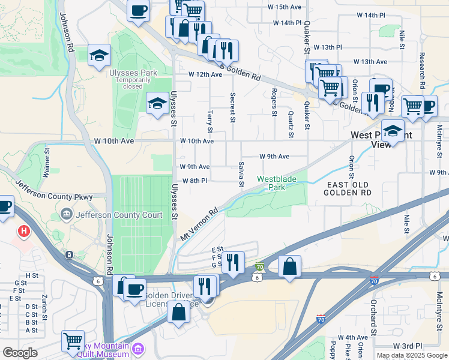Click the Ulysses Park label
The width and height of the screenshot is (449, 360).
tap(124, 73)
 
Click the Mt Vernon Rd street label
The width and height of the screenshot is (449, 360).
tap(199, 226)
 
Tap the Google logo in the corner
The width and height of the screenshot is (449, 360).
tap(20, 353)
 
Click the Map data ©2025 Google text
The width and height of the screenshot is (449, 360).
tap(412, 355)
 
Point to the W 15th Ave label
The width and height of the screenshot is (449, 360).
tap(284, 7)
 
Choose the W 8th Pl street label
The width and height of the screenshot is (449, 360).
tap(194, 181)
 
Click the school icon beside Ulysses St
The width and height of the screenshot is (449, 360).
tap(157, 104)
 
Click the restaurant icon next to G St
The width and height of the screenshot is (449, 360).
tap(233, 262)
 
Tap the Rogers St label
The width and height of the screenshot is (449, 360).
tap(274, 102)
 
